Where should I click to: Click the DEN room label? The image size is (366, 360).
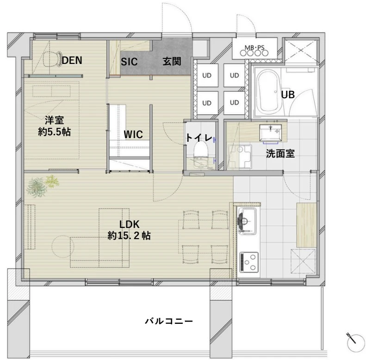[72, 60]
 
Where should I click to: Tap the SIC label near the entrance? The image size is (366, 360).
[129, 62]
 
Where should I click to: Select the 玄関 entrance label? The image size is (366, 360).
[172, 61]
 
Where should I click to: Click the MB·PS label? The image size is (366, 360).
[254, 47]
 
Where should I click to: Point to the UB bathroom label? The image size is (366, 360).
[288, 95]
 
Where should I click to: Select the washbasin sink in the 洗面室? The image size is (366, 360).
[270, 133]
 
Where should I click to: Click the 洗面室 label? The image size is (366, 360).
[280, 153]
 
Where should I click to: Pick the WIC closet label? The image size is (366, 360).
[133, 134]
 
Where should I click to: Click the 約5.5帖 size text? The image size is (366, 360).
[55, 132]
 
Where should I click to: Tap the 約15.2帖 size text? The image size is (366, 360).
[129, 235]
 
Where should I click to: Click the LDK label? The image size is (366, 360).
[129, 224]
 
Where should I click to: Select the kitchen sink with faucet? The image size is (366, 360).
[247, 221]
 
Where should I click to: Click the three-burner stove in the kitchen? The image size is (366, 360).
[249, 262]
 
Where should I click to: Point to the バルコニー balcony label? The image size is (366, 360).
[169, 321]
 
